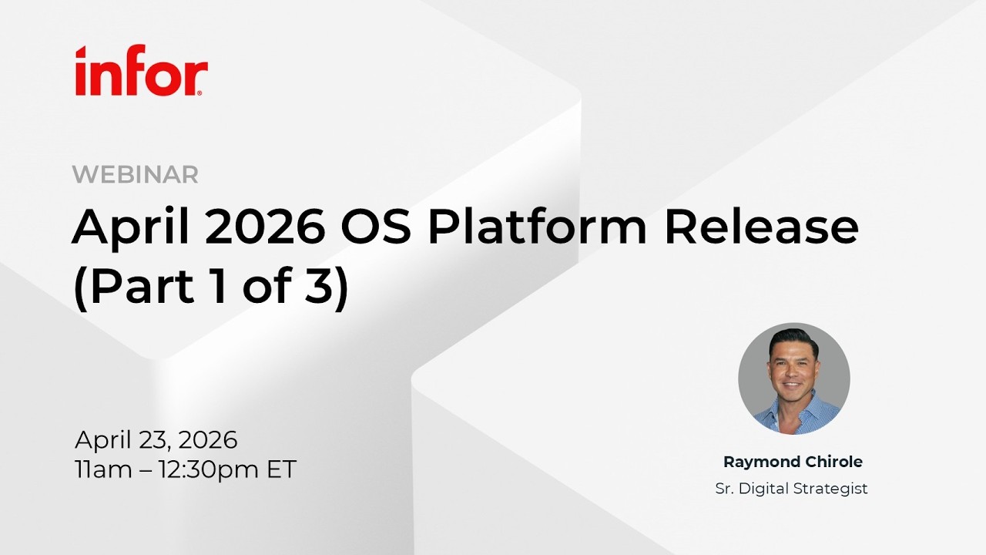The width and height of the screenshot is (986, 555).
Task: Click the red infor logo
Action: pyautogui.click(x=141, y=71)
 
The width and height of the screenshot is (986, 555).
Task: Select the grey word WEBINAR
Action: pyautogui.click(x=136, y=175)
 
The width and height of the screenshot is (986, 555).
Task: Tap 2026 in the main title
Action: pyautogui.click(x=263, y=228)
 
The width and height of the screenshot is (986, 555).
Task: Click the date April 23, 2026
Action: pyautogui.click(x=156, y=440)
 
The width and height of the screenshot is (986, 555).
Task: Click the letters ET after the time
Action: pyautogui.click(x=282, y=469)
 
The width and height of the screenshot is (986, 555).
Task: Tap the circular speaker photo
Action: pyautogui.click(x=793, y=378)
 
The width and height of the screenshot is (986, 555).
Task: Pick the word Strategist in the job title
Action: pyautogui.click(x=833, y=489)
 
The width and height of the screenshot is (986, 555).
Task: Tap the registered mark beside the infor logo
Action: pyautogui.click(x=201, y=92)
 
